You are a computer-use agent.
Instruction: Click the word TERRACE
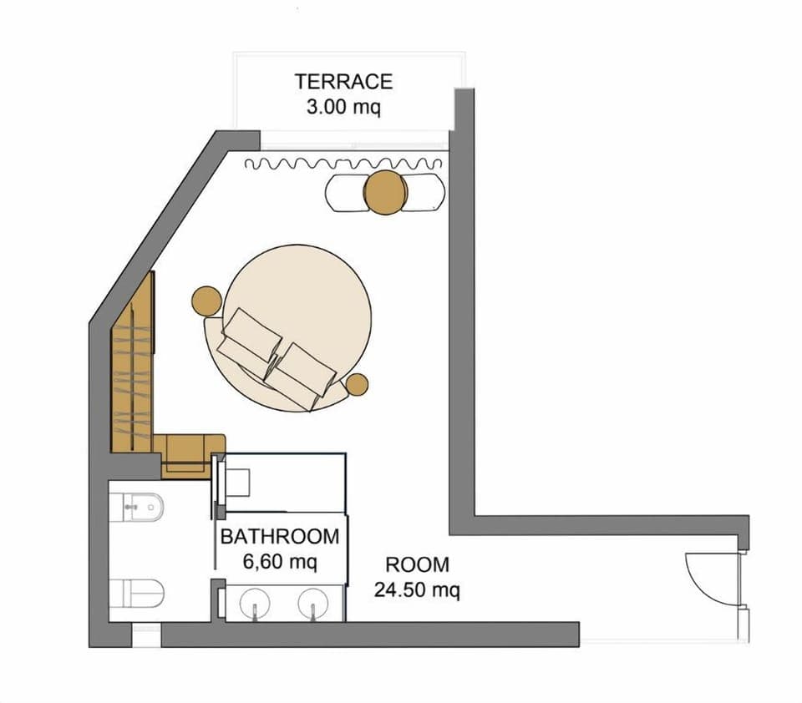(x=343, y=82)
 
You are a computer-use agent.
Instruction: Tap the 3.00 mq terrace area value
(x=343, y=108)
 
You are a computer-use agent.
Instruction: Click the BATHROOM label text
(x=280, y=537)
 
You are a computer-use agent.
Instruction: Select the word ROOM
(x=417, y=565)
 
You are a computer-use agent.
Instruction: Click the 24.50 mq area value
(x=417, y=590)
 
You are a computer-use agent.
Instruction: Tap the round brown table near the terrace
(x=385, y=192)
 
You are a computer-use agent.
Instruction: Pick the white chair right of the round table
(x=424, y=193)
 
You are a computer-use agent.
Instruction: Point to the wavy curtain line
(x=343, y=164)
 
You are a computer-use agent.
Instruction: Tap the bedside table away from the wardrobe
(x=357, y=384)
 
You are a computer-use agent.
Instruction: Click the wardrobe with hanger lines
(x=133, y=367)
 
